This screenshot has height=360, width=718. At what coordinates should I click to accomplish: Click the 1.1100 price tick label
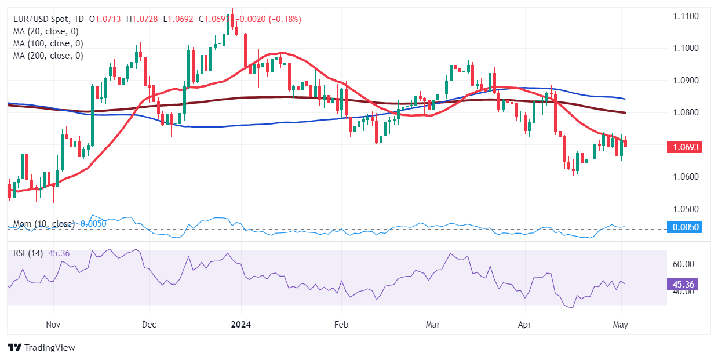coord(686,16)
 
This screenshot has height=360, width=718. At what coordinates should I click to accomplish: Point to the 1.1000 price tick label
coord(686,48)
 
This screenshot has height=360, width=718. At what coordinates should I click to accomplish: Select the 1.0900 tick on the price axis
coord(686,81)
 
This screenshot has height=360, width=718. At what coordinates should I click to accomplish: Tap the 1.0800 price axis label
coord(686,112)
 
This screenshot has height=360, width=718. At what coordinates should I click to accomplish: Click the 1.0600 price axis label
coord(686,177)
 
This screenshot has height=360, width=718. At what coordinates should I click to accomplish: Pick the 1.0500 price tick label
coord(686,209)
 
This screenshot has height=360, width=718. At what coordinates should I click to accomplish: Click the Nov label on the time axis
coord(53,325)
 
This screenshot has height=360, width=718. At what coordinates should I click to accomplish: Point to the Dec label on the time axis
coord(148,325)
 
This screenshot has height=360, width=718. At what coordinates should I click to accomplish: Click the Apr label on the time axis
coord(525,325)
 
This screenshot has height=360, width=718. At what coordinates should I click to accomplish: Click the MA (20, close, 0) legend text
coord(46,31)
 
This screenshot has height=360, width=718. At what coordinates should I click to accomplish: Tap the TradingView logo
coord(41,348)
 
